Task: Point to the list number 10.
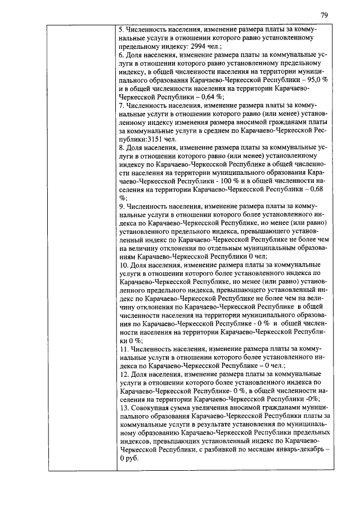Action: click(x=124, y=265)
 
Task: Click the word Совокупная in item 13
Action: click(x=151, y=408)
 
